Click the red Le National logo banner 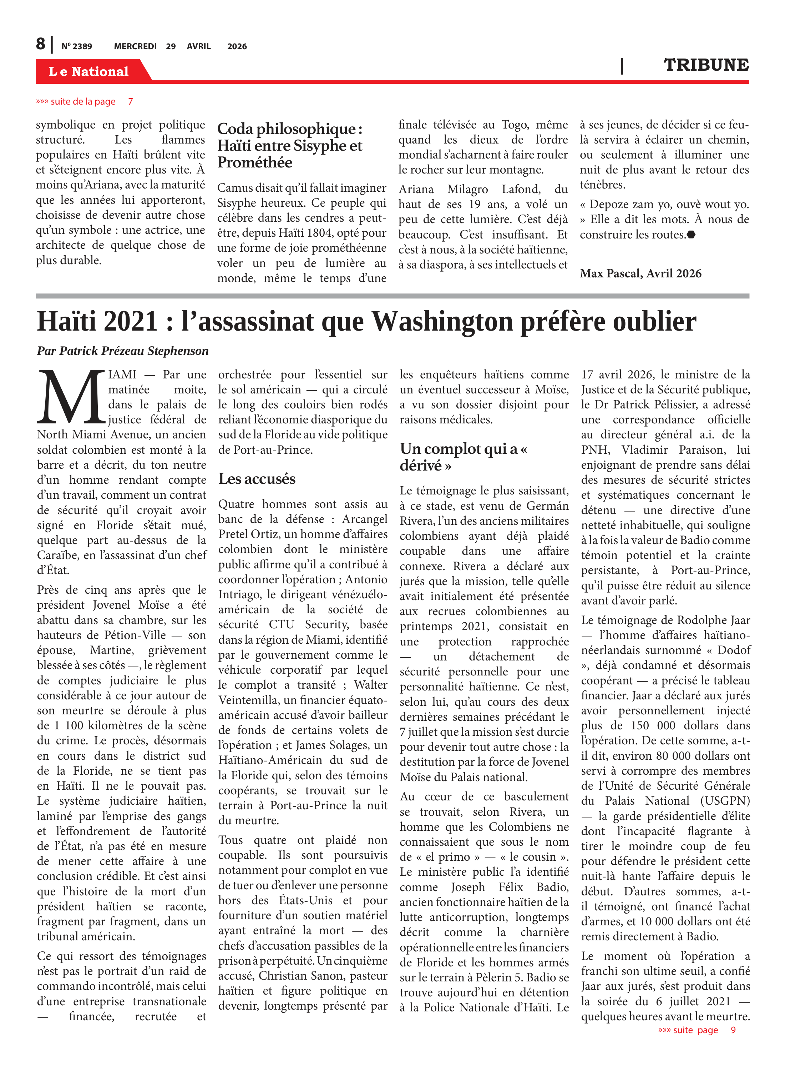(x=89, y=71)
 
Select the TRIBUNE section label (x=706, y=65)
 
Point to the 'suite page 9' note (x=697, y=1030)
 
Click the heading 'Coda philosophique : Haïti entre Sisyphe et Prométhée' (x=290, y=145)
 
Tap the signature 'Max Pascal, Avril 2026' (x=640, y=273)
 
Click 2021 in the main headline (x=131, y=322)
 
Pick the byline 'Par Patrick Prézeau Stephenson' (x=123, y=351)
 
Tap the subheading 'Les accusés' (x=257, y=479)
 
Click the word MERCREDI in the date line (x=136, y=46)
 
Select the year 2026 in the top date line (x=237, y=46)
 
